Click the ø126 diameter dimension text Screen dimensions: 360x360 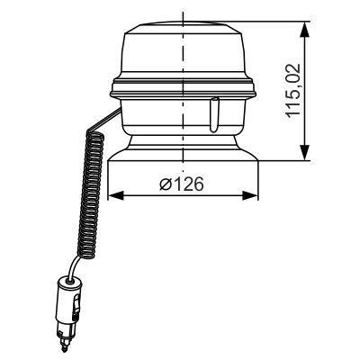coord(181,184)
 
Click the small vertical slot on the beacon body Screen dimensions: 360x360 coord(213,116)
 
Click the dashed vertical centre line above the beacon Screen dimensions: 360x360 coord(184,20)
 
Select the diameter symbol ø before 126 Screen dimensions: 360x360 coord(163,184)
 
